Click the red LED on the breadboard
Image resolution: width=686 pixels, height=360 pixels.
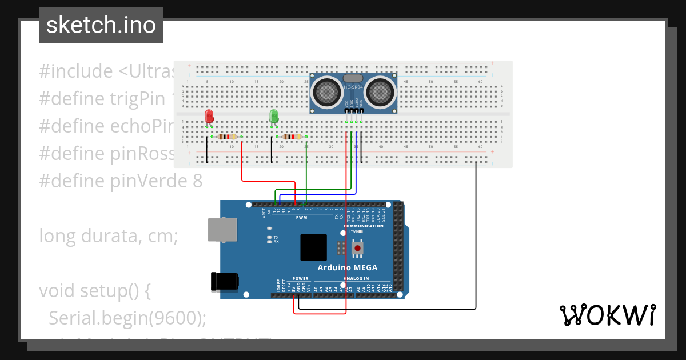pos(209,116)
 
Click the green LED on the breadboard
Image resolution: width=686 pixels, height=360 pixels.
pos(274,116)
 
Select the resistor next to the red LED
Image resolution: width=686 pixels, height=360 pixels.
pos(227,137)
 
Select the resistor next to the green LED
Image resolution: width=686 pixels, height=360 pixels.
pos(292,137)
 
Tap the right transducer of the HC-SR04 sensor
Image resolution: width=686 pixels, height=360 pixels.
pos(380,91)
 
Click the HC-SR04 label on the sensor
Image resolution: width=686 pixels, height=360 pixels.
pos(353,87)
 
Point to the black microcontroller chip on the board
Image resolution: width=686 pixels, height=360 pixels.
pos(314,247)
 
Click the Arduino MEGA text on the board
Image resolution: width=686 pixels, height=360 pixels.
pos(347,267)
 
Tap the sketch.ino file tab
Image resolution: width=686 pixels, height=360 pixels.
pos(101,25)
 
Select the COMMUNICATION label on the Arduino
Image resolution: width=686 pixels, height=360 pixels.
pos(363,226)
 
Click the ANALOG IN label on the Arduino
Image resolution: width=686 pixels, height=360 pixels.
pos(356,278)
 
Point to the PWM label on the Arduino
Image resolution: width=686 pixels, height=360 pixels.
pos(301,218)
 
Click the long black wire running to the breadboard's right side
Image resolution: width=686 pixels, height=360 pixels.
pos(476,240)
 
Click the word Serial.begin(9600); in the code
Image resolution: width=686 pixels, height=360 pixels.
pos(127,318)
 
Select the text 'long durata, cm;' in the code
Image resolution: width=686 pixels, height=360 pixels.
pos(109,235)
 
